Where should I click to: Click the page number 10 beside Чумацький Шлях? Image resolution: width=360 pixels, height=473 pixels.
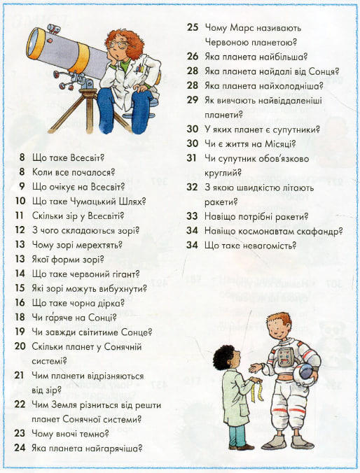pos(20,201)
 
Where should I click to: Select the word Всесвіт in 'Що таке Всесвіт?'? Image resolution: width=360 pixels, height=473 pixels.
pos(87,157)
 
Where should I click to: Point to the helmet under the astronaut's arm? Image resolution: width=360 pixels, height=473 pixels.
pos(305,374)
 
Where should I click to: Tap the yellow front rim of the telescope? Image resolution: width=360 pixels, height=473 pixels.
pos(35,44)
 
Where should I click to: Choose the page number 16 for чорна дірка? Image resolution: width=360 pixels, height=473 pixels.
pos(20,302)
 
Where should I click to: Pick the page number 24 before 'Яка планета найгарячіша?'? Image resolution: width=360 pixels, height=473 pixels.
pos(20,448)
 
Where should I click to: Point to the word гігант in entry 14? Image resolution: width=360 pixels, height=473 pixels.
pos(126,274)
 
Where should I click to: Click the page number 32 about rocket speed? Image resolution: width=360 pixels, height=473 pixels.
pos(192,187)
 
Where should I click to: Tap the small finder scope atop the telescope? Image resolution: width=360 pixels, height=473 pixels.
pos(53,29)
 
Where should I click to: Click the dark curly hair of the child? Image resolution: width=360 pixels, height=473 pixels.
pos(223,357)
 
